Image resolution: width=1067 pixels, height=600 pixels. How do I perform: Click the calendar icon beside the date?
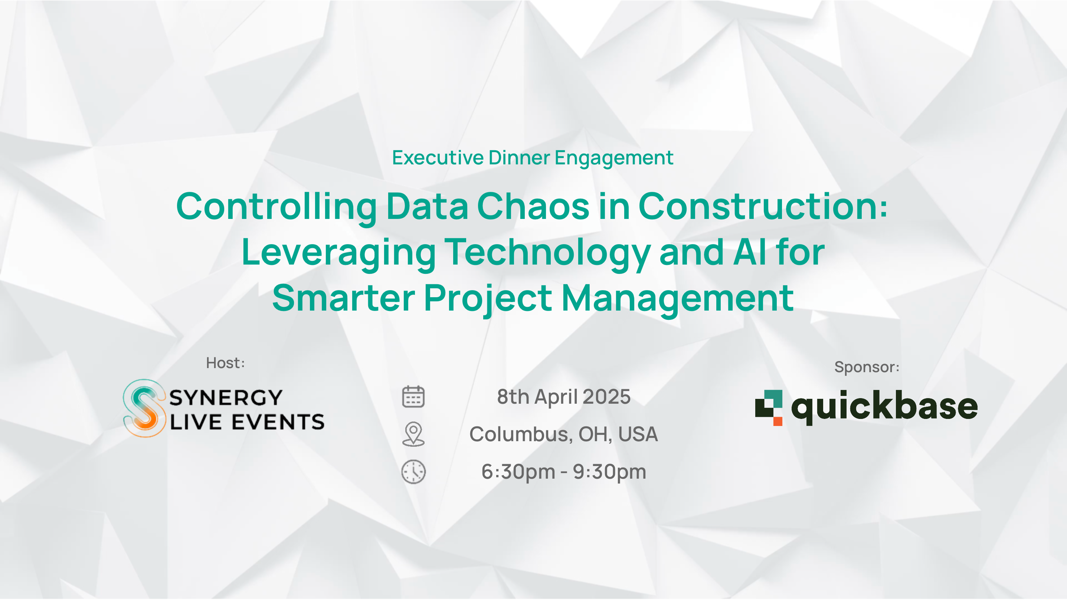pyautogui.click(x=413, y=397)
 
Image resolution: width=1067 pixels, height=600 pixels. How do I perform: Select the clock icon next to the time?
pyautogui.click(x=413, y=472)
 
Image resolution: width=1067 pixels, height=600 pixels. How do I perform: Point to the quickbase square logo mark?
pyautogui.click(x=769, y=408)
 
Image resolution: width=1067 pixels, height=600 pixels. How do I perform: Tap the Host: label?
pyautogui.click(x=225, y=363)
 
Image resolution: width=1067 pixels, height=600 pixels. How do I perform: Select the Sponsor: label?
pyautogui.click(x=867, y=367)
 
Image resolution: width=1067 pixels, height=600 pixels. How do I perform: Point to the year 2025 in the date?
pyautogui.click(x=606, y=397)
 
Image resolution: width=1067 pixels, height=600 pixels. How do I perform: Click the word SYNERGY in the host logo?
pyautogui.click(x=226, y=398)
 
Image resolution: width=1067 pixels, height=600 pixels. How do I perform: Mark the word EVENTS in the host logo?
pyautogui.click(x=278, y=422)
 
